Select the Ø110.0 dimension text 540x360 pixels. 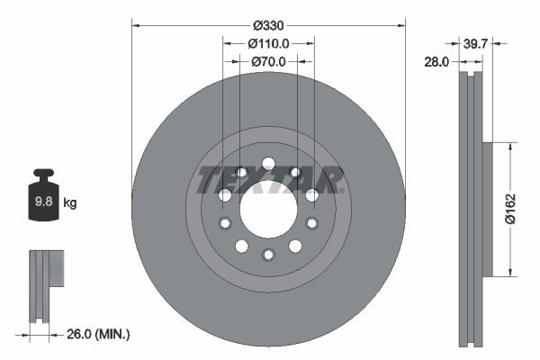click(x=268, y=42)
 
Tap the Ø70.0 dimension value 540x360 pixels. click(x=268, y=61)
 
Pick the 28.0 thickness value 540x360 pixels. click(x=437, y=61)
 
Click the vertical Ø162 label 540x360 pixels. click(x=509, y=209)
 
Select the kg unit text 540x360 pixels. click(x=70, y=203)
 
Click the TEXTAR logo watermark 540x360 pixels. click(x=270, y=180)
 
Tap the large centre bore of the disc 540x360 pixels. click(x=268, y=209)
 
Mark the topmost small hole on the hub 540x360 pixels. click(x=268, y=163)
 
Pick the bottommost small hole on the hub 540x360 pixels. click(x=268, y=255)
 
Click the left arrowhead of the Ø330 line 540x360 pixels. click(x=135, y=24)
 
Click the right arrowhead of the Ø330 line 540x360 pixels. click(x=401, y=24)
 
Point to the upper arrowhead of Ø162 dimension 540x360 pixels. click(x=510, y=145)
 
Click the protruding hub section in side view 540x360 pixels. click(x=488, y=209)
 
